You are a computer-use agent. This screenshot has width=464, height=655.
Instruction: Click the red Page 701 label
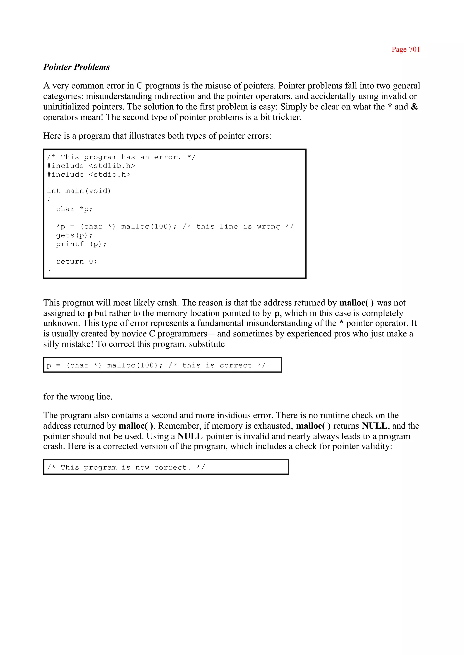(x=405, y=49)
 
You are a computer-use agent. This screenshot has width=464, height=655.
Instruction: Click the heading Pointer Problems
(x=77, y=67)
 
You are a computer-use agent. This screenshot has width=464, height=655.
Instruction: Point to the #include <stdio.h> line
(x=89, y=175)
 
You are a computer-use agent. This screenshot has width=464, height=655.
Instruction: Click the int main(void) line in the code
(x=79, y=191)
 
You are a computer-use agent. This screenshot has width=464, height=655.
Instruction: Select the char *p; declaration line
(x=74, y=209)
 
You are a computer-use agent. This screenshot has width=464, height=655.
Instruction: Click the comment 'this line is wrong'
(x=238, y=226)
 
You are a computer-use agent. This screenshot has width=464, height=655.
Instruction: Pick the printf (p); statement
(x=81, y=244)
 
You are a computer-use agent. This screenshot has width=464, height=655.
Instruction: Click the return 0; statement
(x=77, y=262)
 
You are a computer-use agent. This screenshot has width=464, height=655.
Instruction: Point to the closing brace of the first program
(x=49, y=270)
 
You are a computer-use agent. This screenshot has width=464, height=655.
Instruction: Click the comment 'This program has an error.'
(x=121, y=157)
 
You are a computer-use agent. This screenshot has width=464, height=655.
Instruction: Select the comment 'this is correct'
(x=217, y=365)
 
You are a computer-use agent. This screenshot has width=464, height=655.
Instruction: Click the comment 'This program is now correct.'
(x=126, y=467)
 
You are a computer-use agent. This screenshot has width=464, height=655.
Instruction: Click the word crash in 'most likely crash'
(x=169, y=303)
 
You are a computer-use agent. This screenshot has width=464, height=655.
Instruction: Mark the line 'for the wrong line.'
(x=78, y=397)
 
